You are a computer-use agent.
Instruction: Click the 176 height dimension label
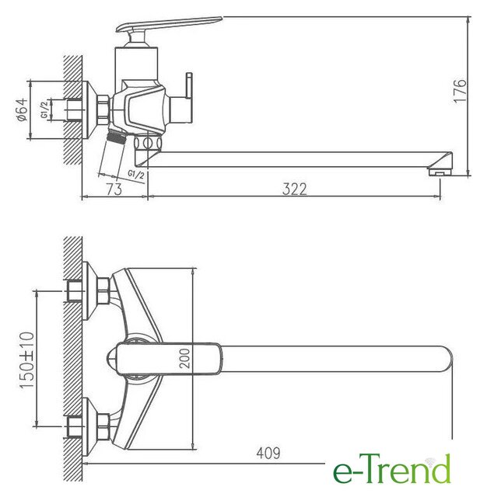pyautogui.click(x=461, y=91)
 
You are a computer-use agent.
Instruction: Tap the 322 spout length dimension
pyautogui.click(x=295, y=189)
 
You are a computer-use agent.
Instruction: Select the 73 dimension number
pyautogui.click(x=114, y=189)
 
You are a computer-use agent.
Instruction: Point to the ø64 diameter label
pyautogui.click(x=23, y=110)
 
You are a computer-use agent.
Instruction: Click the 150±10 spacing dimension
pyautogui.click(x=26, y=360)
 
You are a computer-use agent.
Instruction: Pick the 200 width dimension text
pyautogui.click(x=184, y=359)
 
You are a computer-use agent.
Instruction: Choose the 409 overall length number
pyautogui.click(x=268, y=454)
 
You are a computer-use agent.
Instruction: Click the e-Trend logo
pyautogui.click(x=392, y=468)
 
